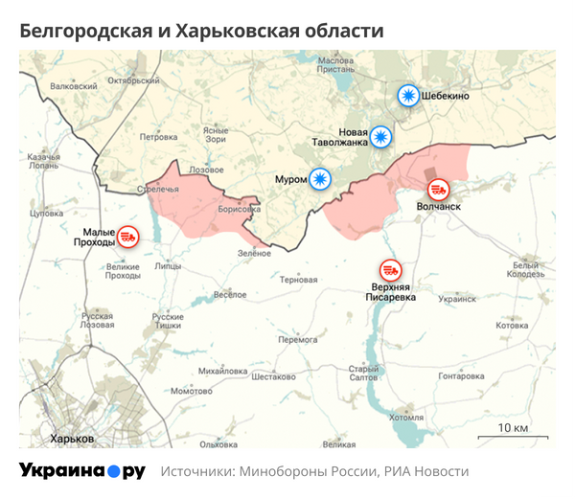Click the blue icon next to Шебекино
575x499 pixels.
tap(409, 96)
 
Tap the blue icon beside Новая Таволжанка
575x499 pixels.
tap(381, 137)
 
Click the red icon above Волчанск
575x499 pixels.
tap(438, 189)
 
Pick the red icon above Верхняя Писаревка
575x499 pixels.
tap(390, 270)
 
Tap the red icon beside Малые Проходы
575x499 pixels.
tap(127, 234)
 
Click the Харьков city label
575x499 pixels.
tap(72, 438)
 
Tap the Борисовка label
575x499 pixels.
tap(240, 208)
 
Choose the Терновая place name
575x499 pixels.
tap(298, 281)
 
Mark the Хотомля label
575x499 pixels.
tap(406, 418)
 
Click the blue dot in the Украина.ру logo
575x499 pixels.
tap(113, 471)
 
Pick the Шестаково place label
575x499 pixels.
tap(274, 376)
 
